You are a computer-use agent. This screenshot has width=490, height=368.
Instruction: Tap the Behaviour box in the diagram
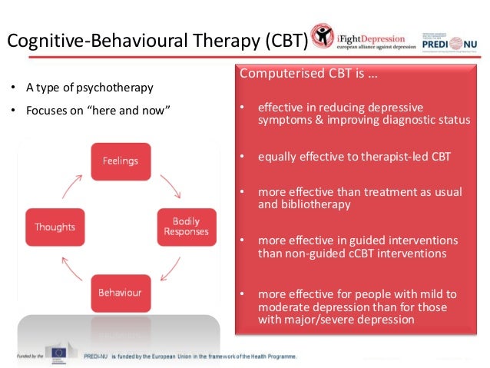pos(121,292)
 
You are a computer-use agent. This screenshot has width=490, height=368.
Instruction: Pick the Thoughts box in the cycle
pos(55,227)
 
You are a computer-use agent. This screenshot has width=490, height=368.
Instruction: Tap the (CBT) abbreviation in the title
pos(280,40)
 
